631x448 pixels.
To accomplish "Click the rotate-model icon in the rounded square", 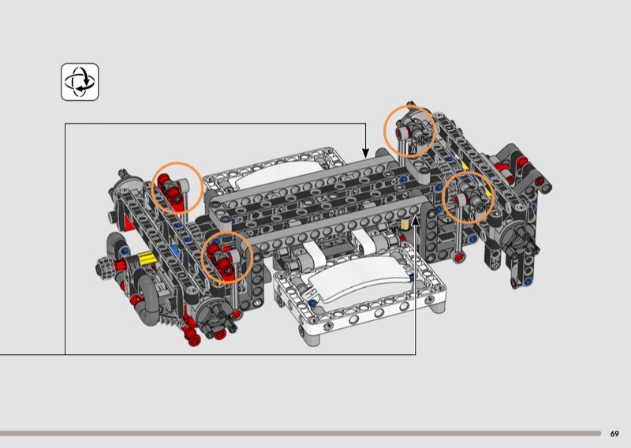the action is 80,82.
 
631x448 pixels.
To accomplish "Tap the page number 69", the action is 614,434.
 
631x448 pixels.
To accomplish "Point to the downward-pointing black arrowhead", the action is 365,153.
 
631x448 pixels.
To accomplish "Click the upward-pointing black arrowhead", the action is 416,221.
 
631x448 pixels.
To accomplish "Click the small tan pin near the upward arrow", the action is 405,225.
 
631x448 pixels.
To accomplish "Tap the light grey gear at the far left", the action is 104,266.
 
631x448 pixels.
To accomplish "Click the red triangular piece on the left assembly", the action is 129,224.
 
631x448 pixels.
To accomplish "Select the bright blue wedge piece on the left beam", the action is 174,251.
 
